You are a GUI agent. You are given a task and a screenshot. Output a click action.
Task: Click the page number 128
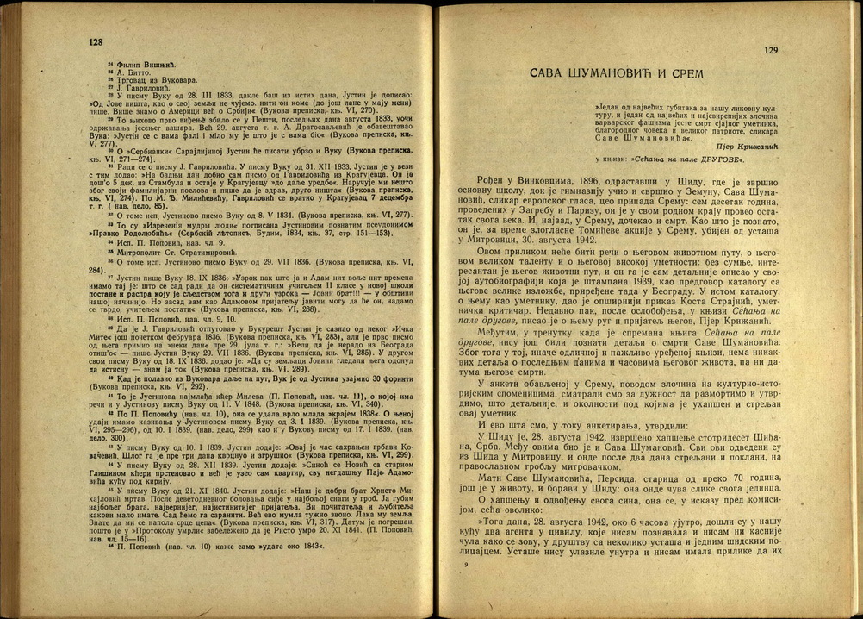point(96,41)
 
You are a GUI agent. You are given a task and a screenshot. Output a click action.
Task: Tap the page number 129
point(771,51)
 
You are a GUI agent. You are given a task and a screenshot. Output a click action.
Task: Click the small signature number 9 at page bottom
point(465,564)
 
